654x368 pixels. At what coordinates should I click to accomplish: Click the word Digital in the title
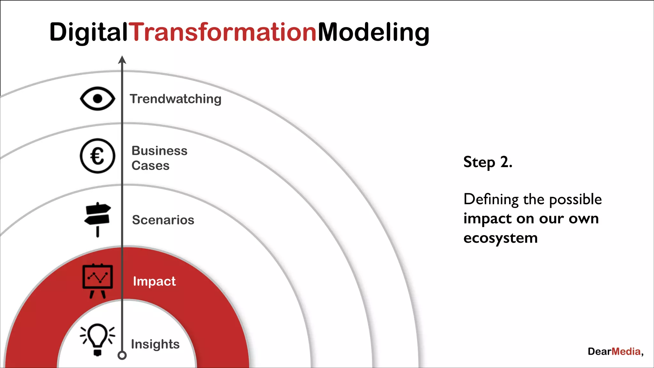click(x=88, y=32)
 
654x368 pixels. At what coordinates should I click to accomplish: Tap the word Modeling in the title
click(x=373, y=32)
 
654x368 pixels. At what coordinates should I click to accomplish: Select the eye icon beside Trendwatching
click(x=97, y=99)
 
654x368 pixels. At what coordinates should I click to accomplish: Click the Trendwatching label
click(x=175, y=99)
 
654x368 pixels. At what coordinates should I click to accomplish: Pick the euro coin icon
click(x=97, y=156)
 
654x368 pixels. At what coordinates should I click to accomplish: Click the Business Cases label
click(x=159, y=158)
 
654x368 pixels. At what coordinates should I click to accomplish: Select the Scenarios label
click(x=163, y=220)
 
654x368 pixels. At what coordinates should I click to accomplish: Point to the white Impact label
click(x=154, y=281)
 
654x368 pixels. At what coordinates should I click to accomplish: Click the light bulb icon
click(x=97, y=339)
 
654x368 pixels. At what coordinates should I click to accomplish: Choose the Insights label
click(x=155, y=344)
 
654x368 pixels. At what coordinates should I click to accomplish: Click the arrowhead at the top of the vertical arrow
click(x=122, y=60)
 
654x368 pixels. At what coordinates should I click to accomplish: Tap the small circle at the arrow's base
click(x=122, y=355)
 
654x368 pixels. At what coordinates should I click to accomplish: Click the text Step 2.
click(x=488, y=162)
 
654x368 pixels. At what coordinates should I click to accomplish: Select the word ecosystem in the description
click(x=500, y=238)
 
